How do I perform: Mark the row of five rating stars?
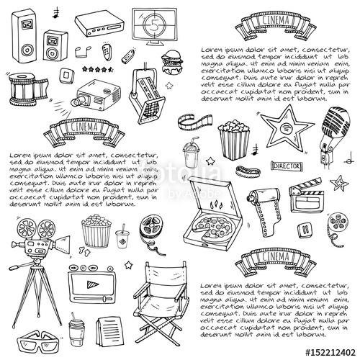click(99, 70)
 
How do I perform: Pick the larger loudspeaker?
click(27, 37)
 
